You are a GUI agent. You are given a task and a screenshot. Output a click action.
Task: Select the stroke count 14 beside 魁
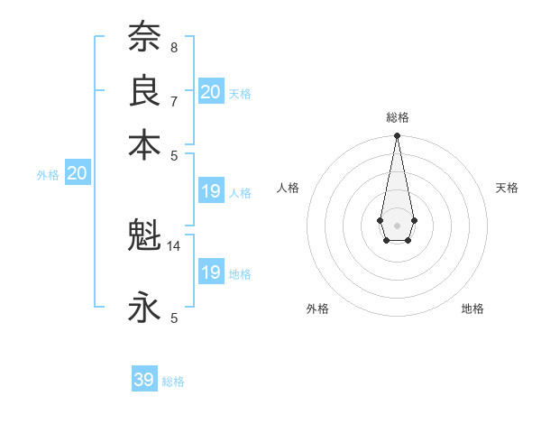174,245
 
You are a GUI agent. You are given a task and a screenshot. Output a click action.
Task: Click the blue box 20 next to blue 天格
211,91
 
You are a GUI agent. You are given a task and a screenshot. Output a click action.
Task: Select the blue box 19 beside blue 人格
211,191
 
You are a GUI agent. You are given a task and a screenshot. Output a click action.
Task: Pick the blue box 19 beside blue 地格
211,272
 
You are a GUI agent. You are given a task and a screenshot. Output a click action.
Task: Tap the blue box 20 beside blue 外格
78,174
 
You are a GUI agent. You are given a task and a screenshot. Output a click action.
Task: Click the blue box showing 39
144,380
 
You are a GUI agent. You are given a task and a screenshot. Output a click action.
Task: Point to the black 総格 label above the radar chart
397,117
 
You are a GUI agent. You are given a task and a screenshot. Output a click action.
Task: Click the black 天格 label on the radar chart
507,188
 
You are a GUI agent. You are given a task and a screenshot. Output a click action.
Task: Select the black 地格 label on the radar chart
472,309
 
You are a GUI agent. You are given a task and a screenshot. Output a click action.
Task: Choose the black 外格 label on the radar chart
317,309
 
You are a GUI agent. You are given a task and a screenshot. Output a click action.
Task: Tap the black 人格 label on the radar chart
289,188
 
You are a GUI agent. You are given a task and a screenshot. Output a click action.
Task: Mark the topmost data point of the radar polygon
397,136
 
